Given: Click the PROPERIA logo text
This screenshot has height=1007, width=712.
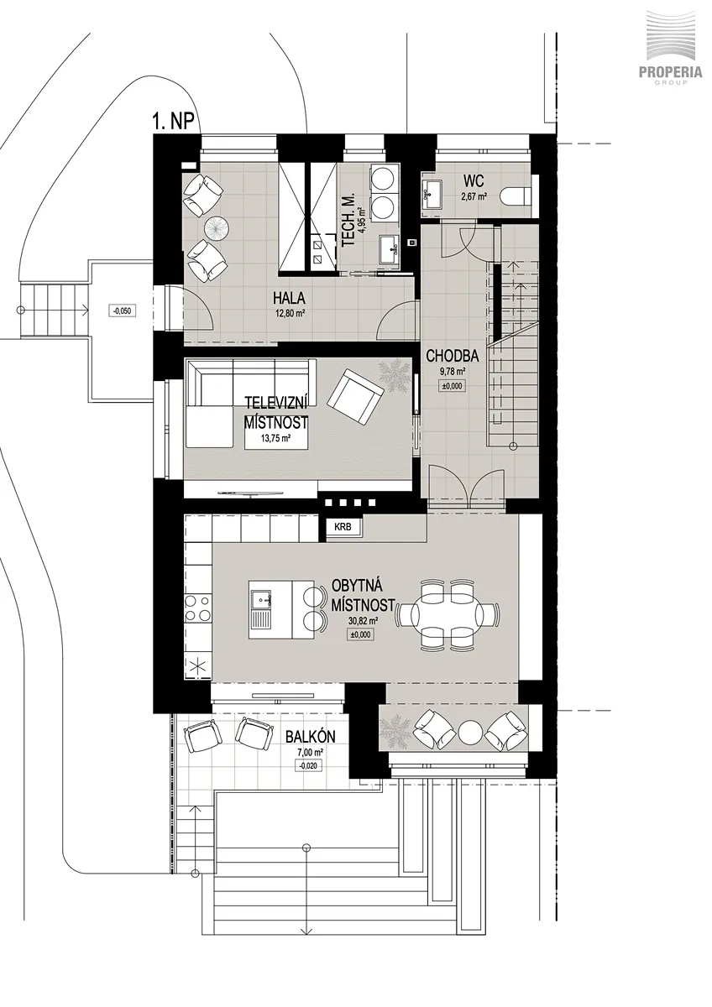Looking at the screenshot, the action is [x=670, y=73].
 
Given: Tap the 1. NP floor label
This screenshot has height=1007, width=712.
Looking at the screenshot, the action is [x=173, y=122].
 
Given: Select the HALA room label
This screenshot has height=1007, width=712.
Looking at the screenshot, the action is [x=289, y=298].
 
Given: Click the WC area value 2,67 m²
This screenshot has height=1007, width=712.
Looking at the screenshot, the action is [x=475, y=196].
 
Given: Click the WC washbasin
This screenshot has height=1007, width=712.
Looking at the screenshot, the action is [x=432, y=194].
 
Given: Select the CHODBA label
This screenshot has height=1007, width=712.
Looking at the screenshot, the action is [x=452, y=357].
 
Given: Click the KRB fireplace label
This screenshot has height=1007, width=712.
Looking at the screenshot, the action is [x=343, y=527].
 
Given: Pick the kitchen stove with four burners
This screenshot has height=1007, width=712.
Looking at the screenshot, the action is [x=198, y=608].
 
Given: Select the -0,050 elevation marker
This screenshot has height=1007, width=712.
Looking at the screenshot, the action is [x=123, y=310].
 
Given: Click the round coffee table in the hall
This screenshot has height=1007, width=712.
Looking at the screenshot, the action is [x=218, y=229].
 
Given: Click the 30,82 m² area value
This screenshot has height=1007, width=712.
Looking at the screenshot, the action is [x=362, y=621].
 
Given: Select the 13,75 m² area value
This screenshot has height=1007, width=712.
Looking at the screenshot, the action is [x=275, y=436].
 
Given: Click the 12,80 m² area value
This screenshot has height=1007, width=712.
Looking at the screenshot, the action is [x=289, y=314].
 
